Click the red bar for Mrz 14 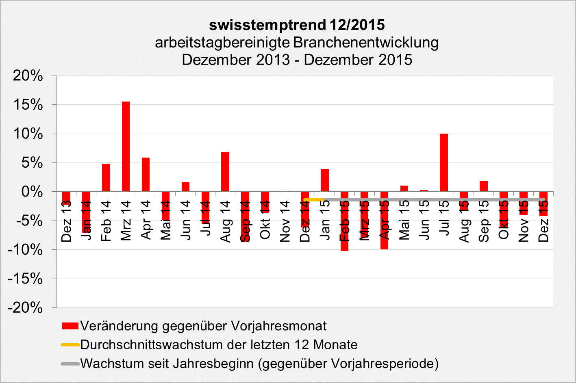126,146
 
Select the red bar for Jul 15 444,162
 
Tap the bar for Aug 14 225,172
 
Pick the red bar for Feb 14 106,177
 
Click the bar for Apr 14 146,175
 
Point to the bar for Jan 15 325,180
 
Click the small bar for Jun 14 185,187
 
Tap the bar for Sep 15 484,186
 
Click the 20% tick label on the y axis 28,76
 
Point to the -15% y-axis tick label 25,279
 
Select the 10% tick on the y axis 28,134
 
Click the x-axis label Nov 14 285,221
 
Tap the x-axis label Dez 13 66,221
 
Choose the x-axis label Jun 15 424,221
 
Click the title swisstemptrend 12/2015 297,25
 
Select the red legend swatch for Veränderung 70,326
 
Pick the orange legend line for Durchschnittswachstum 70,345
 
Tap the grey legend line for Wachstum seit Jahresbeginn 70,364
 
